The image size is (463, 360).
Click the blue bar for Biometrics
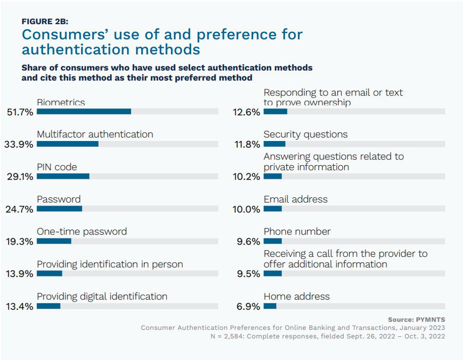[x=84, y=111]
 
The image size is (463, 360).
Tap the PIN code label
[x=57, y=167]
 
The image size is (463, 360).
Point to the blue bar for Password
[x=60, y=209]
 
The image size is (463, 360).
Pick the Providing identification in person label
[x=110, y=265]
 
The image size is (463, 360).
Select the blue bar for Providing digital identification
[x=49, y=306]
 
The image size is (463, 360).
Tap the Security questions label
[x=305, y=134]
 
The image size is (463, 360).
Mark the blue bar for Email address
[x=273, y=209]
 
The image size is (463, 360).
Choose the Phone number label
[x=297, y=232]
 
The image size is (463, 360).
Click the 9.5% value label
[x=249, y=274]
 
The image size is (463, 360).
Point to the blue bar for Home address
[x=270, y=306]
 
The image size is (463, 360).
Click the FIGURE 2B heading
[x=45, y=22]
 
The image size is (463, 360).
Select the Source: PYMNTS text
[x=416, y=319]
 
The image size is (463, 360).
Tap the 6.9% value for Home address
[x=249, y=307]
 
